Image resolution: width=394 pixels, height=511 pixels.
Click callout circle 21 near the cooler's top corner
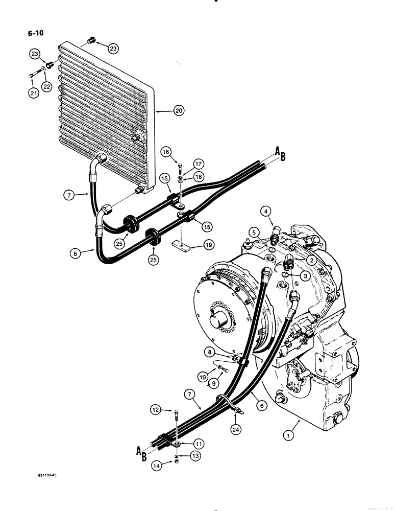click(x=33, y=92)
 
